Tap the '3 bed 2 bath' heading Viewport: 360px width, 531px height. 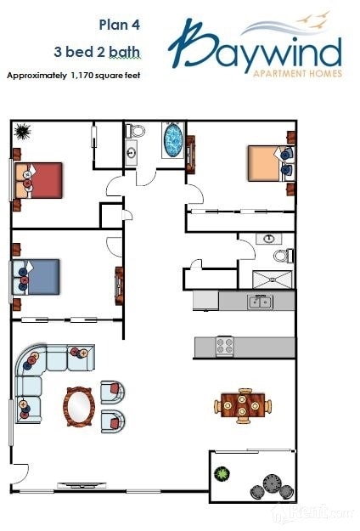105,53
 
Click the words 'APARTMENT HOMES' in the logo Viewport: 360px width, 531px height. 298,74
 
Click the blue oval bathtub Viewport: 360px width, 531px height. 173,139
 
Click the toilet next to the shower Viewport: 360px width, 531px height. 283,255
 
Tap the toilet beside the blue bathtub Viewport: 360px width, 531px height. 137,131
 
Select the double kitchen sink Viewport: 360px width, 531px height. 259,302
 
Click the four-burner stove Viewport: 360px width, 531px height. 225,346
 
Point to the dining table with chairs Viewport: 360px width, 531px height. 243,404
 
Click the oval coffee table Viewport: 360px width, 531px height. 79,404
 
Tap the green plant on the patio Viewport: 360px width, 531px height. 223,473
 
